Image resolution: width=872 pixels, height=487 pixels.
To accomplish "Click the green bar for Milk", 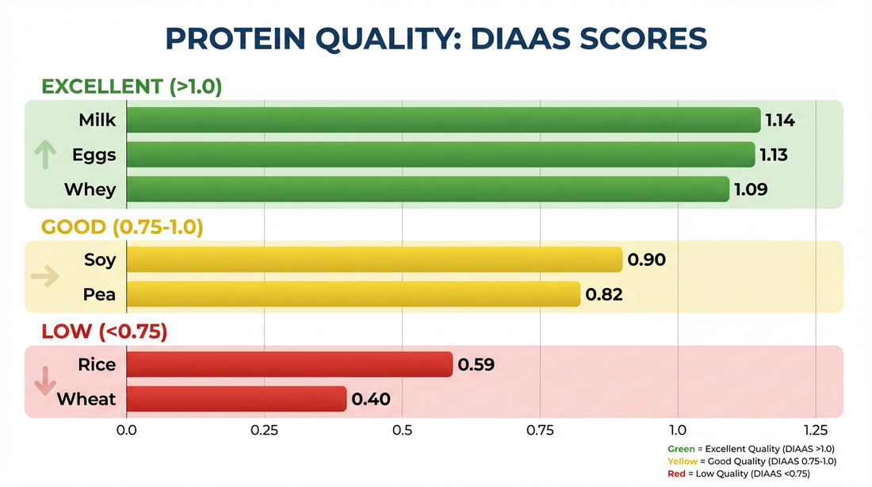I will coord(442,121).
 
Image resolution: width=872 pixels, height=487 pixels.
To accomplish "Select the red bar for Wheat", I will coord(236,399).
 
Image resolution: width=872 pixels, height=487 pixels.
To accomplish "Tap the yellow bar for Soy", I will coord(374,259).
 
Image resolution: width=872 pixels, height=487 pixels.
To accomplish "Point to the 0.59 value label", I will coord(476,365).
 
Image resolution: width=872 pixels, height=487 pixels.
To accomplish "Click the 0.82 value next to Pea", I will coord(603,295).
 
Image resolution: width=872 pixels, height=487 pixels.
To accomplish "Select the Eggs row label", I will coord(94,155).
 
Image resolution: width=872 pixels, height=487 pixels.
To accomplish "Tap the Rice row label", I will coord(97,365).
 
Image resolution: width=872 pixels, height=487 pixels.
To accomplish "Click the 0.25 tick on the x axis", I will coord(264,430).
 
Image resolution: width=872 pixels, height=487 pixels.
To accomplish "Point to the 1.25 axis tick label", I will coord(815,430).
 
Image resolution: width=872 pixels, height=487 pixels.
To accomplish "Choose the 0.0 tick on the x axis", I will coord(127,430).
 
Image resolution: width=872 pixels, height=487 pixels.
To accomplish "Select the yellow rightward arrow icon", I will coord(44,277).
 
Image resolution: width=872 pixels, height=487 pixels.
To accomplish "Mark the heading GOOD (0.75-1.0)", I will coord(122,228).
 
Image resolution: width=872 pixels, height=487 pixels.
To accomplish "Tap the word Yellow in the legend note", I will coord(683,461).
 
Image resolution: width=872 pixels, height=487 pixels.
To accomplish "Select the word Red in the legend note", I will coord(675,474).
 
